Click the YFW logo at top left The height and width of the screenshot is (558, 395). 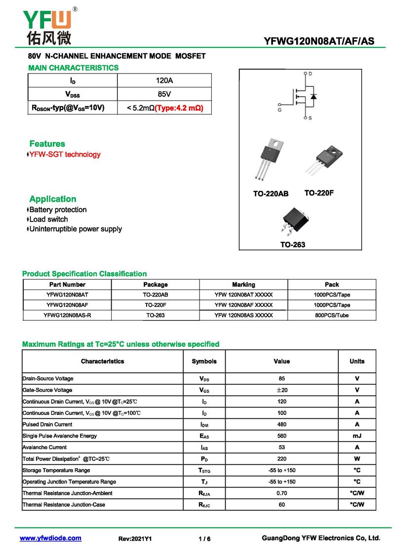(x=48, y=26)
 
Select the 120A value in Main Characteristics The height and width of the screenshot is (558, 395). (x=164, y=80)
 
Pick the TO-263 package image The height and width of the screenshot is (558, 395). (x=293, y=221)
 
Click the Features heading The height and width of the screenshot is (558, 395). (x=47, y=144)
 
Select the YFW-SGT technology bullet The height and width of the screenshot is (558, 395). (x=65, y=154)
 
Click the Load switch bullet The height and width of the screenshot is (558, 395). (x=48, y=219)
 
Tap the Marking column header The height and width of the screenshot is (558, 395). (x=243, y=285)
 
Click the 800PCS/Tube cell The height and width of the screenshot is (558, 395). (x=332, y=315)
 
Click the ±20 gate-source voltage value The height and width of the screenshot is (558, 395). (x=281, y=390)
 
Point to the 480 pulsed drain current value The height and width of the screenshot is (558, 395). (x=281, y=424)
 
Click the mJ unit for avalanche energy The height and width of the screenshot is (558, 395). (x=357, y=436)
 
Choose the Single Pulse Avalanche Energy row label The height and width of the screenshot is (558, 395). (x=60, y=436)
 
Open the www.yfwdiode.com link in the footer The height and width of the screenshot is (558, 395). (x=50, y=538)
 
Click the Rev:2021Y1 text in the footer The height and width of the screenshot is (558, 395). (x=135, y=539)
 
